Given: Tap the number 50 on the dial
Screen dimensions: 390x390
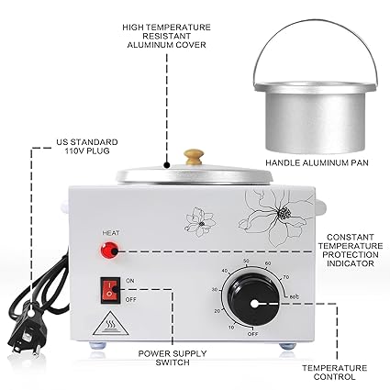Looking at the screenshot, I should click(x=247, y=264).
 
